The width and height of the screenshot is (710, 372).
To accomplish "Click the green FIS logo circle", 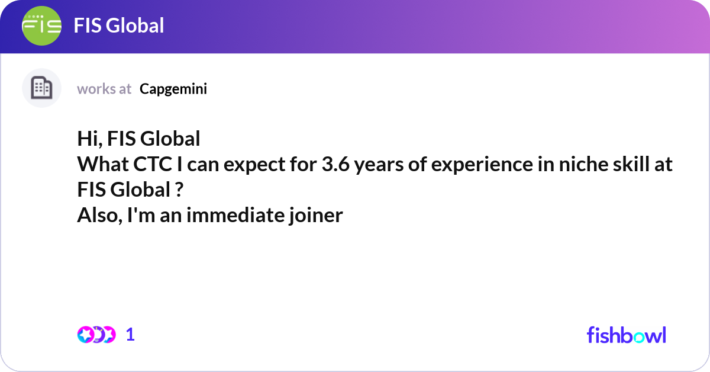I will (41, 25).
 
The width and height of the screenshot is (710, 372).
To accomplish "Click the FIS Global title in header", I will (119, 25).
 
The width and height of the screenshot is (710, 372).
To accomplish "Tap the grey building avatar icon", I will (41, 88).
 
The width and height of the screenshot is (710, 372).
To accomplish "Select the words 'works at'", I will (104, 89).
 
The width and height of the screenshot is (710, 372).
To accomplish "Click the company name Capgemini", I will (173, 89).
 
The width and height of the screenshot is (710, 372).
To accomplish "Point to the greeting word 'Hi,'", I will (90, 139).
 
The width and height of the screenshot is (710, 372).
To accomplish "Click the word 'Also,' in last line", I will (98, 216).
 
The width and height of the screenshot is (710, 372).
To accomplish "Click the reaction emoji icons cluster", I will (96, 335).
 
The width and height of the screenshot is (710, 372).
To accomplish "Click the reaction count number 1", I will (130, 335).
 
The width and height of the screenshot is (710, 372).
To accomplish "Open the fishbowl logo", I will (626, 335).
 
